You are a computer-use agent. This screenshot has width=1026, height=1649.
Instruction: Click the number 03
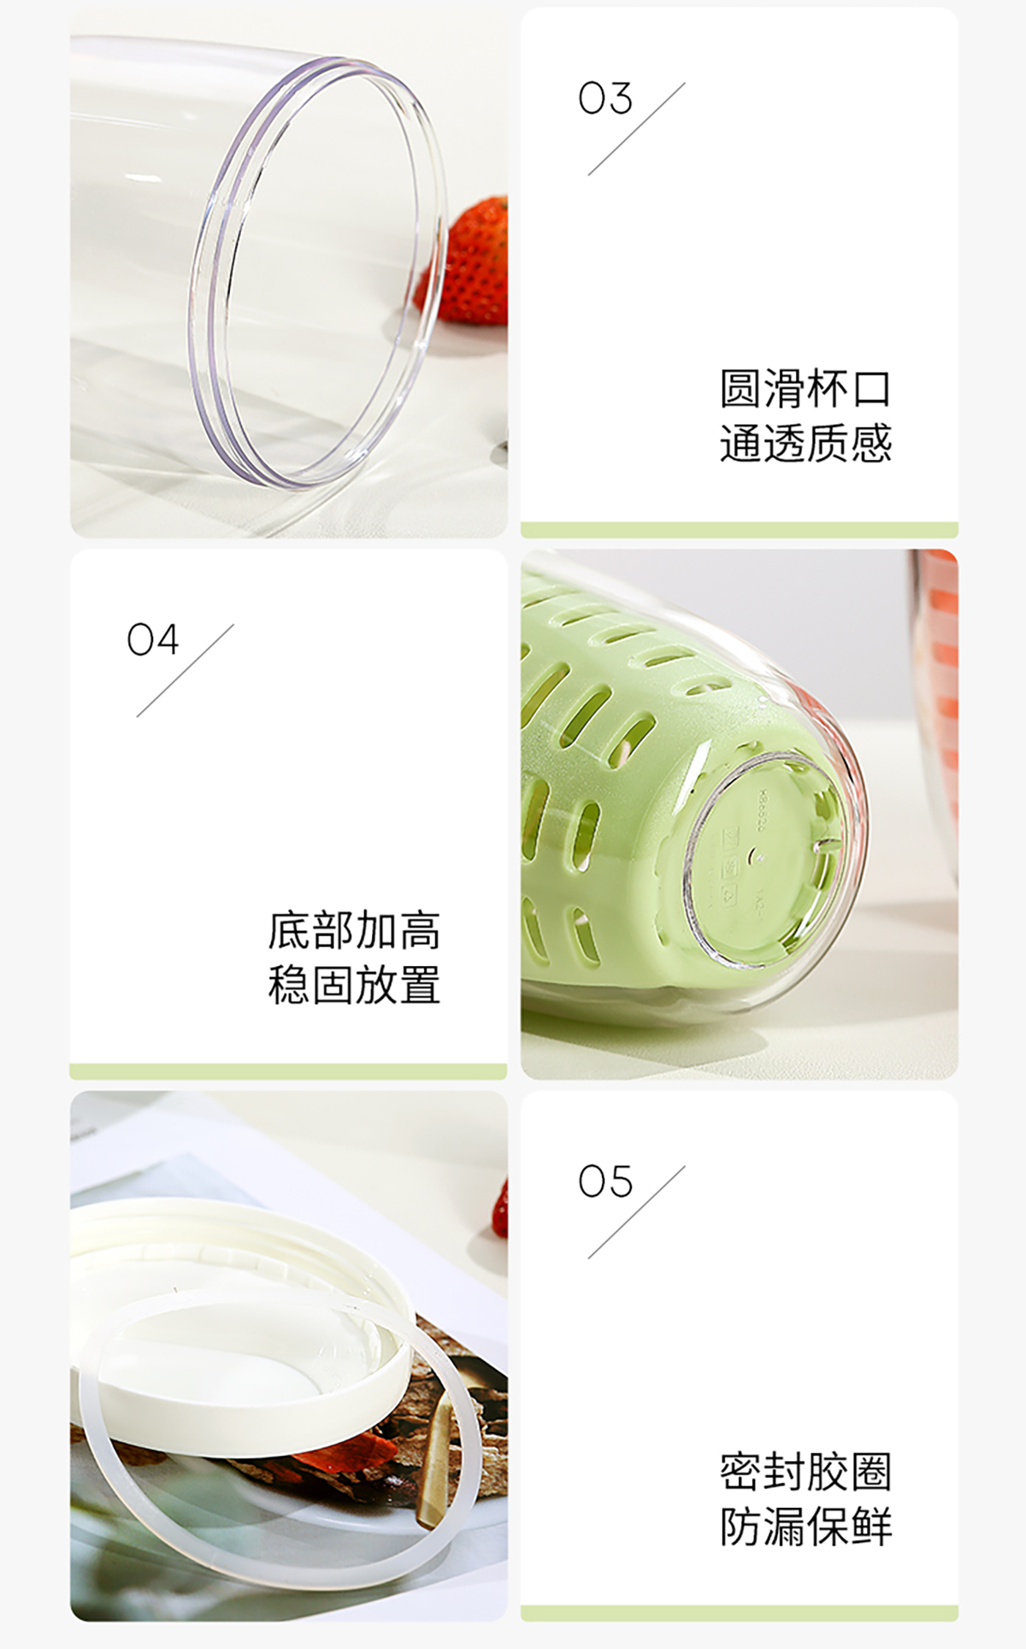605,98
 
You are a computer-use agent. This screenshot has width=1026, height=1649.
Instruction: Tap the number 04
153,639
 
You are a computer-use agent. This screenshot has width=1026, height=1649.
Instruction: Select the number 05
605,1181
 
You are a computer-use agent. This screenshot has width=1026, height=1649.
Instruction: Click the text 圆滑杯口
805,389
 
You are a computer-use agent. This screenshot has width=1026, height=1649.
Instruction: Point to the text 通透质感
805,444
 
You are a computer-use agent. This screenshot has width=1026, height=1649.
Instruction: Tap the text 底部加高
354,931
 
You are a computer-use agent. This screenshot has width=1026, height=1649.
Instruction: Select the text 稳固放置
354,985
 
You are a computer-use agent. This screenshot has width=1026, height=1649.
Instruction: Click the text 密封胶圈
805,1472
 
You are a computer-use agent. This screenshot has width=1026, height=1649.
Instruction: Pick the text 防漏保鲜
805,1527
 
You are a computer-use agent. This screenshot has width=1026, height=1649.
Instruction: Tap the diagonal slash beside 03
637,129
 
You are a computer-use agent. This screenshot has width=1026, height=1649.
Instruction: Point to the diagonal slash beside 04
185,670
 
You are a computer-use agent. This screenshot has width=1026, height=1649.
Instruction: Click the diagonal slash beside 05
637,1212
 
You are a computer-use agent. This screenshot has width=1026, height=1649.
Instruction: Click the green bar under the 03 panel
740,530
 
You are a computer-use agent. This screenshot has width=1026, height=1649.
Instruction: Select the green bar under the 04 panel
288,1071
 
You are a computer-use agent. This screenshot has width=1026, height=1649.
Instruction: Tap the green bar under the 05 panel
740,1613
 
